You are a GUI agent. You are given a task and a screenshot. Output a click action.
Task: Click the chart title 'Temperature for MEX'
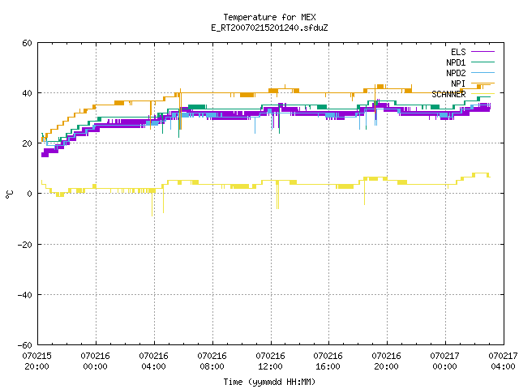269,17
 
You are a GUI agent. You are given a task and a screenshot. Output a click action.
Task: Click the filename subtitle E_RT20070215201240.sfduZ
269,28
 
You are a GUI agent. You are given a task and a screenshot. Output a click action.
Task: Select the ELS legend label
458,52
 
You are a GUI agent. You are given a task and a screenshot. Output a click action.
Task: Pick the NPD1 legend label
456,62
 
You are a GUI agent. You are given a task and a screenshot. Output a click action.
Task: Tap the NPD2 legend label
456,73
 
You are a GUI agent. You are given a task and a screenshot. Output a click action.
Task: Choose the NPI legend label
458,83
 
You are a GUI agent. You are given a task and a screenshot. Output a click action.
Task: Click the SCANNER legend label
448,94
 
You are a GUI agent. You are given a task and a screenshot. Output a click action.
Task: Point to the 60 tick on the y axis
27,43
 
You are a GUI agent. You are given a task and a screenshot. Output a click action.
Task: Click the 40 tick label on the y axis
27,93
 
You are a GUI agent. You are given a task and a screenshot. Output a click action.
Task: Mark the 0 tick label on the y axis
29,194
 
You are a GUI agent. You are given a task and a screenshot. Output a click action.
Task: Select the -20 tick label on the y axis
25,245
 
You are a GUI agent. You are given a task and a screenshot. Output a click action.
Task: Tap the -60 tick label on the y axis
25,345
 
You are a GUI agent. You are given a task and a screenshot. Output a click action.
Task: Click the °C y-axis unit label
9,194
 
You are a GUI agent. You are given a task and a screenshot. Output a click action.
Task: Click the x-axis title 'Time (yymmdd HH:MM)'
269,382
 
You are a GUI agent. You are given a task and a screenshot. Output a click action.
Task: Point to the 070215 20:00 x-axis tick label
37,361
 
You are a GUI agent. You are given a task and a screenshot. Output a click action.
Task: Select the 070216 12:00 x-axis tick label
270,361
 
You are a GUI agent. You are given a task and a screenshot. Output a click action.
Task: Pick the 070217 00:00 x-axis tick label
445,361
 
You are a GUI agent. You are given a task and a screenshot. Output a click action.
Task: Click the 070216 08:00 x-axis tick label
212,361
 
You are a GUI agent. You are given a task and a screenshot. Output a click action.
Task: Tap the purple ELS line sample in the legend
483,52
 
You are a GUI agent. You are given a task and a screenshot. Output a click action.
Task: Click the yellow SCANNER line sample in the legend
483,94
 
